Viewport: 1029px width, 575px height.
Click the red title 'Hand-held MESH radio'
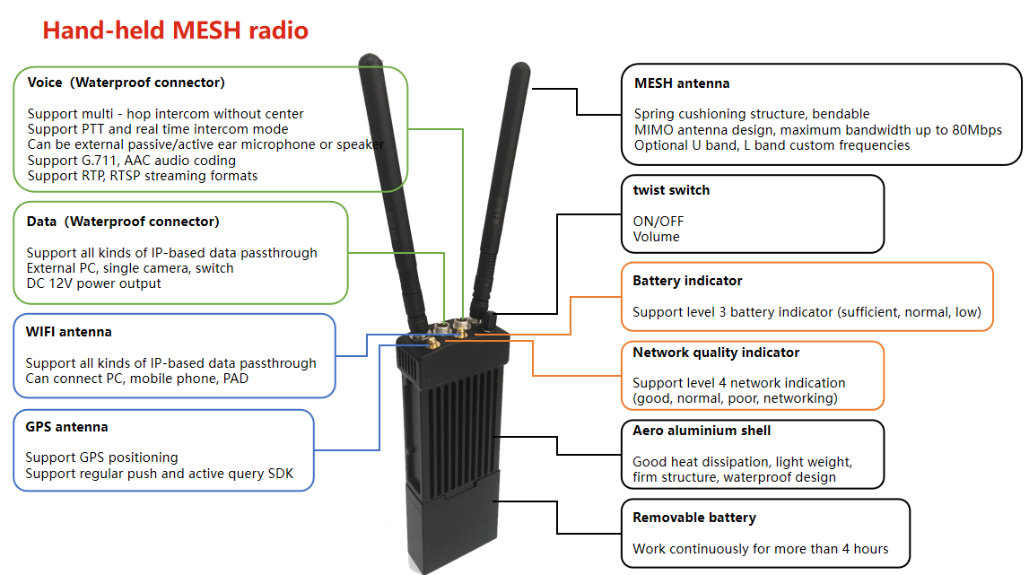[x=176, y=30]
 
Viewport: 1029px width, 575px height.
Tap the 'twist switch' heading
[x=671, y=190]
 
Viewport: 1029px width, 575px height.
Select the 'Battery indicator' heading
[x=687, y=281]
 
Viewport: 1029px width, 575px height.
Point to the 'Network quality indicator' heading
[x=716, y=353]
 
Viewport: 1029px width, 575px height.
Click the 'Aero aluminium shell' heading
[x=702, y=431]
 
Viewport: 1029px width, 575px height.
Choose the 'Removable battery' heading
[x=694, y=518]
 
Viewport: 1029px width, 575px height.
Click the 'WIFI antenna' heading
[x=69, y=332]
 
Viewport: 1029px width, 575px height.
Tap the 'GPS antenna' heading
[x=67, y=427]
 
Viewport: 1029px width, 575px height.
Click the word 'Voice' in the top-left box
[x=45, y=83]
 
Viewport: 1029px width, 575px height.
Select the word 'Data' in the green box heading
[x=41, y=222]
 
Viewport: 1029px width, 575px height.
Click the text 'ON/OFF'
[x=652, y=221]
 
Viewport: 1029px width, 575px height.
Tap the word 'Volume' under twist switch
[x=656, y=237]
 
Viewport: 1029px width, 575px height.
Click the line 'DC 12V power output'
[x=94, y=283]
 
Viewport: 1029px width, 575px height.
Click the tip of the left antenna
[x=367, y=61]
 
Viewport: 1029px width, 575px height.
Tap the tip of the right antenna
[x=520, y=67]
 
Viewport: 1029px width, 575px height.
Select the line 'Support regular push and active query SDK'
[x=159, y=474]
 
